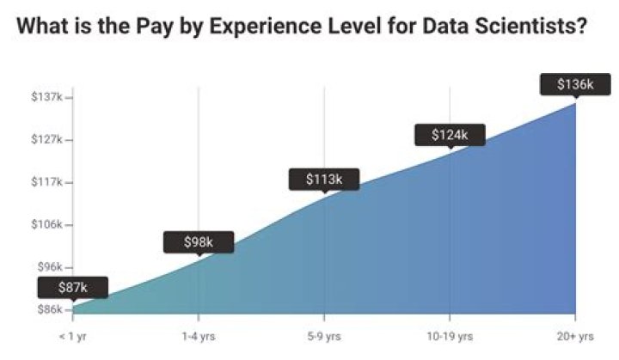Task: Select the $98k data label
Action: coord(199,242)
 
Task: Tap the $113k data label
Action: coord(324,179)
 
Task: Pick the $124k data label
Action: coord(450,134)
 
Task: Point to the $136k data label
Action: coord(574,84)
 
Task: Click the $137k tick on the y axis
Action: coord(48,97)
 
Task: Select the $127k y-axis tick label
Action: coord(48,139)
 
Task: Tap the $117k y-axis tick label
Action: coord(48,182)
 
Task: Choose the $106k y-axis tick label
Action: coord(48,224)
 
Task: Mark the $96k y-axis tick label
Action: coord(50,267)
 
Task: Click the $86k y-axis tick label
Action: coord(50,309)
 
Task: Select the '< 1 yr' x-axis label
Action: coord(73,336)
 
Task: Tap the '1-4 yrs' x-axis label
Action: coord(199,336)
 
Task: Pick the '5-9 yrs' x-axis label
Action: coord(324,336)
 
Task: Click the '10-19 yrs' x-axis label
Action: coord(450,336)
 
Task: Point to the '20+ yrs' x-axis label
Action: coord(573,336)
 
